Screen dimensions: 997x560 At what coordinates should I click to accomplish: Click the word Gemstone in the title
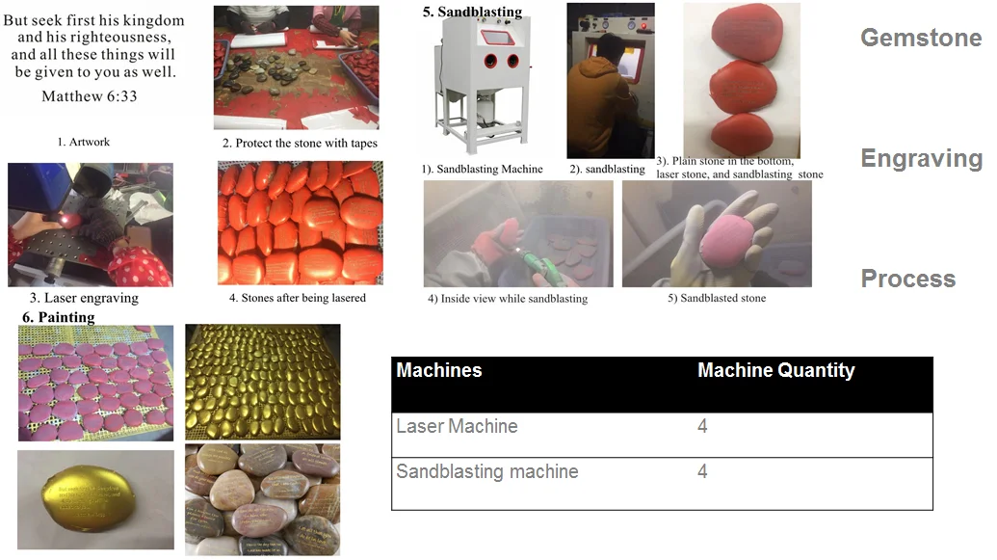(x=920, y=38)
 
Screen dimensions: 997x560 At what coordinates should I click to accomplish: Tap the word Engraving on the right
(x=921, y=158)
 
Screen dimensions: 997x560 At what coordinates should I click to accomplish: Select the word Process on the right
(x=907, y=279)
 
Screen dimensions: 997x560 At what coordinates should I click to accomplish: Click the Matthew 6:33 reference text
(x=90, y=96)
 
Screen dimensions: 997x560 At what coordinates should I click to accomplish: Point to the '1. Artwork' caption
(x=83, y=142)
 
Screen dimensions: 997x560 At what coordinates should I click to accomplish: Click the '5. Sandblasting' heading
(x=472, y=13)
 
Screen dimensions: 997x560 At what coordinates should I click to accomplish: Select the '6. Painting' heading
(x=59, y=316)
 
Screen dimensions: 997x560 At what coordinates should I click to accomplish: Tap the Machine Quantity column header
(x=775, y=370)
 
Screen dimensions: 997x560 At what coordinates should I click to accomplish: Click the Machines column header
(x=439, y=370)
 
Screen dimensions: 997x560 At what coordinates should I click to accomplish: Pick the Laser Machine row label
(x=457, y=426)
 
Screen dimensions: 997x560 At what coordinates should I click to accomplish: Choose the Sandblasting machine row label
(x=487, y=471)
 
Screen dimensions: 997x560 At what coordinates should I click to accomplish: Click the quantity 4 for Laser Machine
(x=702, y=426)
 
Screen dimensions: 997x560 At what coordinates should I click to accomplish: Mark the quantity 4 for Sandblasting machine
(x=702, y=471)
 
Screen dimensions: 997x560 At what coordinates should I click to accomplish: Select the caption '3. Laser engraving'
(x=84, y=298)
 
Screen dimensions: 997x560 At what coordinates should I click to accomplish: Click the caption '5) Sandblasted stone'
(x=717, y=298)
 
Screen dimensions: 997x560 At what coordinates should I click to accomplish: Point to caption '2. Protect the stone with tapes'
(x=300, y=143)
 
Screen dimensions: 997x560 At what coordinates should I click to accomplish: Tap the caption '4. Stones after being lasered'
(x=298, y=298)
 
